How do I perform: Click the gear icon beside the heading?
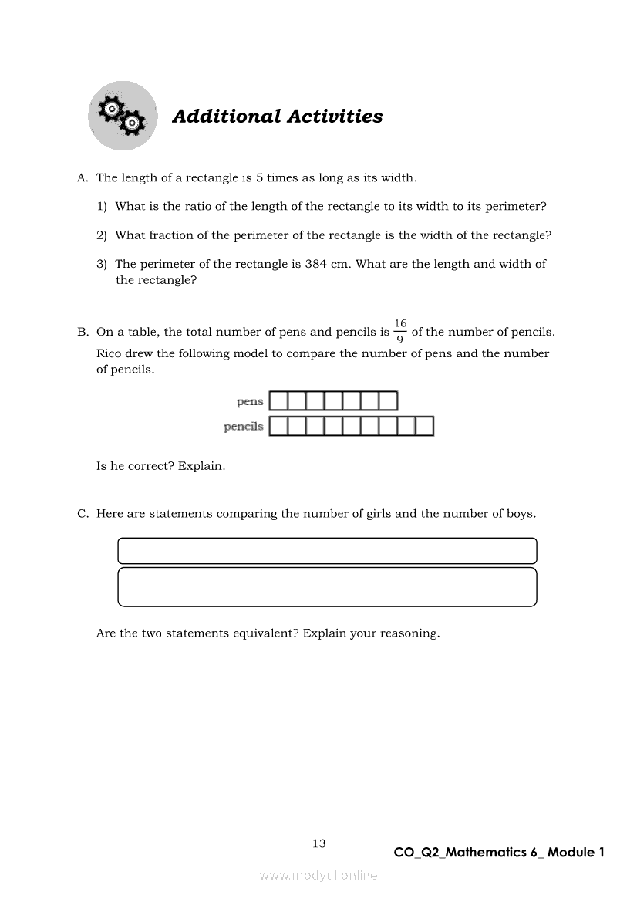pos(122,116)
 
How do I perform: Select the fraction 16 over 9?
pos(400,332)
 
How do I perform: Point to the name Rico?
pos(110,353)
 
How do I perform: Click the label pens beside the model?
pos(250,401)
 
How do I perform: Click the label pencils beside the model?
pos(243,427)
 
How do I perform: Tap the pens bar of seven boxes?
pos(333,401)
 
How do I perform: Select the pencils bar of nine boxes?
pos(351,426)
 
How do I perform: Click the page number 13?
pos(319,843)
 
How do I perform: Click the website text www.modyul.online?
pos(318,876)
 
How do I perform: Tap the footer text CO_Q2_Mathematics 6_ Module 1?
pos(499,853)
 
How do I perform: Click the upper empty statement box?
pos(327,551)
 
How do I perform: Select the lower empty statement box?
pos(327,587)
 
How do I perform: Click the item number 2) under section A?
pos(101,235)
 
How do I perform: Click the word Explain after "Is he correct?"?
pos(201,466)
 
